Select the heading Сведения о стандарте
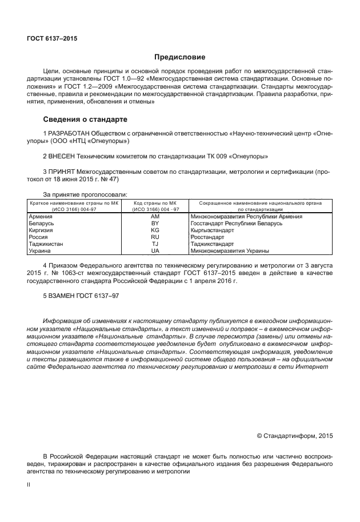85,119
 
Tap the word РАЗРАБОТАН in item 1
71,133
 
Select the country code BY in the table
155,224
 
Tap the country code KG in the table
155,230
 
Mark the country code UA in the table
155,251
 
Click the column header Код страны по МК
155,203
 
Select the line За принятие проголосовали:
85,194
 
